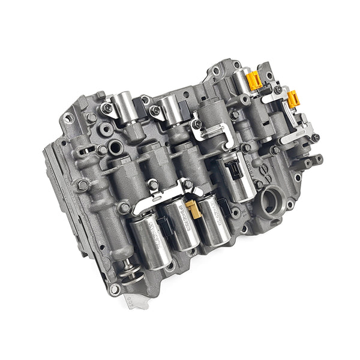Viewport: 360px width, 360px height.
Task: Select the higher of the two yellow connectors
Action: coord(254,80)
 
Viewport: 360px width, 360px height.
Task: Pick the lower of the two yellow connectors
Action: coord(293,99)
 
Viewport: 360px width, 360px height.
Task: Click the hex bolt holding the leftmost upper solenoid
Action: coord(107,109)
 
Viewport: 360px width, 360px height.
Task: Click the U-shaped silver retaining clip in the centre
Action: coord(213,133)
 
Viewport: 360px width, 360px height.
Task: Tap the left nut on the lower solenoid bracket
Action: coord(153,185)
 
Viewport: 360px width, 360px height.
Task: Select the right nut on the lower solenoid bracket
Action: coord(187,184)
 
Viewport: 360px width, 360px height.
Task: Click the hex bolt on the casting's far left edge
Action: coord(82,184)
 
